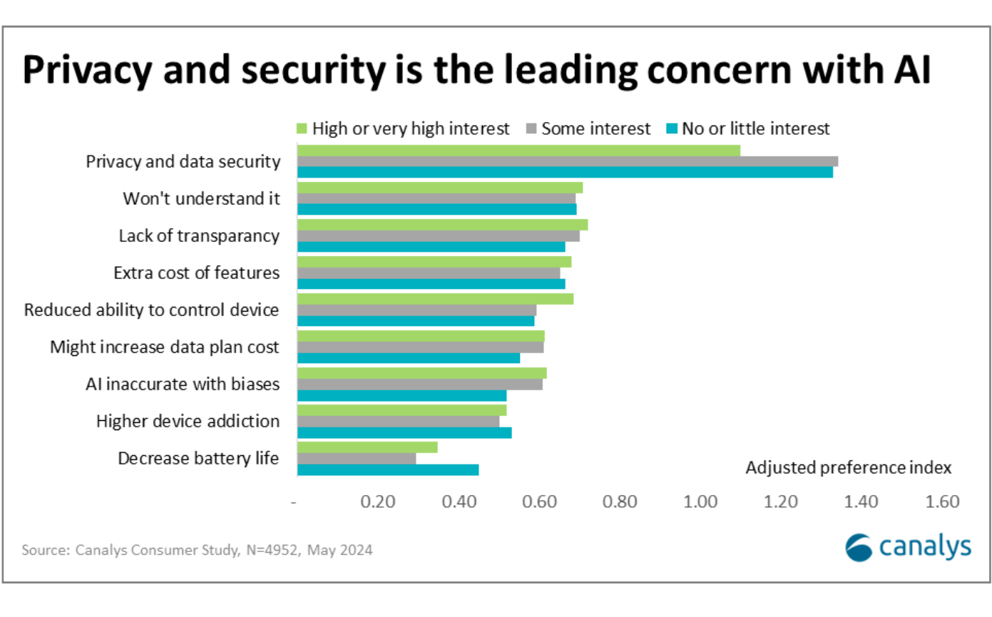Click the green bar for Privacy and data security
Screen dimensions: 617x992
tap(518, 151)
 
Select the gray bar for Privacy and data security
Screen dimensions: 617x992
tap(567, 161)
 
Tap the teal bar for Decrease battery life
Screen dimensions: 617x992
tap(387, 469)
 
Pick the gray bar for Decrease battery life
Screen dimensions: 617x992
tap(356, 458)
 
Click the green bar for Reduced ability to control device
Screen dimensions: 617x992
tap(435, 299)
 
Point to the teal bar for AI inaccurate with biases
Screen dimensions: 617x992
tap(402, 395)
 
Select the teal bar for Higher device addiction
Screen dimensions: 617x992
tap(404, 432)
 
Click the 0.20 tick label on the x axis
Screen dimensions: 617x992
tap(377, 502)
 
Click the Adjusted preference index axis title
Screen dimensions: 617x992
tap(848, 468)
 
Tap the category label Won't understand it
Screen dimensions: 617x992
tap(201, 198)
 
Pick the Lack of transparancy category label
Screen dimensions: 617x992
tap(199, 235)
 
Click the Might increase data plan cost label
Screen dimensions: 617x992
tap(165, 347)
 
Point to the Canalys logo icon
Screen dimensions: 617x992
tap(859, 548)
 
